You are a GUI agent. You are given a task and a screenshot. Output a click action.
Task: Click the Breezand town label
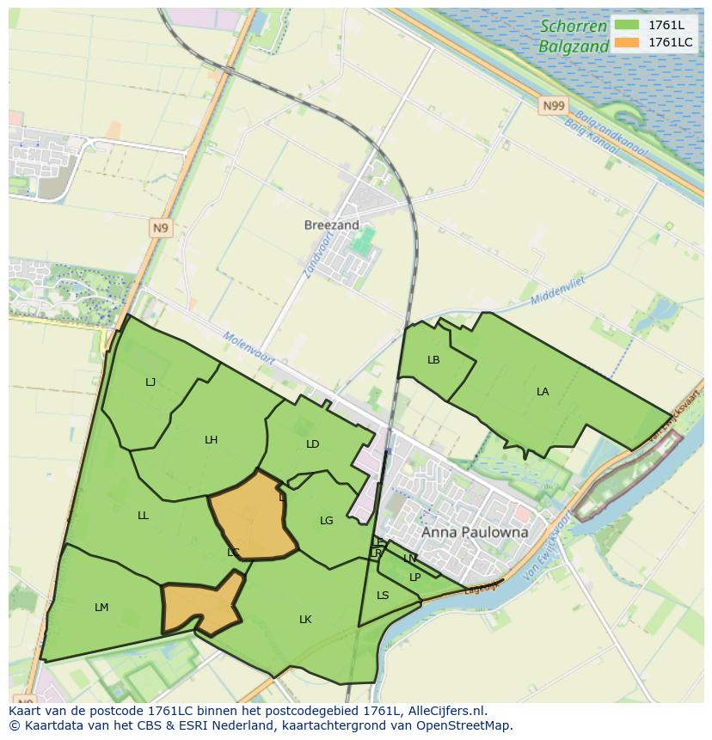coord(331,225)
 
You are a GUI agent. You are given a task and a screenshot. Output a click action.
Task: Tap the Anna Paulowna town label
coord(475,532)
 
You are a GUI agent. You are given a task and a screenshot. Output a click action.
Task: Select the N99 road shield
coord(554,106)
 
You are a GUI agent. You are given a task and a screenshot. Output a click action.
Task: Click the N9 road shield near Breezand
coord(160,228)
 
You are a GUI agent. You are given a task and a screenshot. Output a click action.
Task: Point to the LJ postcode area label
coord(150,382)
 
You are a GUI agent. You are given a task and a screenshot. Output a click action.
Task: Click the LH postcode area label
coord(211,440)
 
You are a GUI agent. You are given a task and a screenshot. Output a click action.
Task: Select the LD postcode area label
coord(312,444)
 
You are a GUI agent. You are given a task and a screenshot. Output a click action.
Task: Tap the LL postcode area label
coord(143,516)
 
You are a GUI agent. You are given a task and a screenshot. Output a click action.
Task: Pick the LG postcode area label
coord(326,521)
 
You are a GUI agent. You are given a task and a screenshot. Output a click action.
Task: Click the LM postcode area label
coord(101,608)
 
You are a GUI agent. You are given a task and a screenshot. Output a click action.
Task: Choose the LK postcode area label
coord(305,620)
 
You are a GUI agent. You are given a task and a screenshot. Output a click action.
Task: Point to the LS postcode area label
coord(383,596)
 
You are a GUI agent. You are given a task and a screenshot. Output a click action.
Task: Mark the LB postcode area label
coord(433,360)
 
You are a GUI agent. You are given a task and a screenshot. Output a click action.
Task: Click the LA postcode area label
coord(543,392)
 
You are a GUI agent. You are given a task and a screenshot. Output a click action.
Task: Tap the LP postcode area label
coord(414,578)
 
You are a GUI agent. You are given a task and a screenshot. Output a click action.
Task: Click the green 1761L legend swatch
coord(627,25)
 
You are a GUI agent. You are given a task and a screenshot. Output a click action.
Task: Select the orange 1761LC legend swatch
coord(627,42)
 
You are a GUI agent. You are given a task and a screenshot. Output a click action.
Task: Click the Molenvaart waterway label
coord(249,349)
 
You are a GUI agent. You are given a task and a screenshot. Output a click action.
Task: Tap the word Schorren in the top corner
coord(574,27)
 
